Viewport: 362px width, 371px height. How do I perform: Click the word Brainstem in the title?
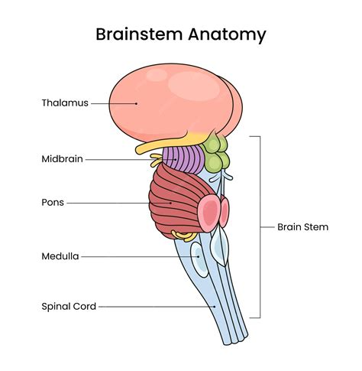(x=139, y=34)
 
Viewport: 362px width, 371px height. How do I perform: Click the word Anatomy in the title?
(x=227, y=35)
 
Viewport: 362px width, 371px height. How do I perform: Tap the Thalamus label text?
(x=65, y=103)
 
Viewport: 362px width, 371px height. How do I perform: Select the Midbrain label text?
(x=62, y=159)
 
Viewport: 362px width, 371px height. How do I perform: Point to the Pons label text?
(x=53, y=203)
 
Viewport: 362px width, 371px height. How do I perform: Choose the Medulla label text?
(x=60, y=256)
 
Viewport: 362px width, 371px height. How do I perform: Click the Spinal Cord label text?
(x=69, y=307)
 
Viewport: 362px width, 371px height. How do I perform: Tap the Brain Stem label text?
(x=302, y=227)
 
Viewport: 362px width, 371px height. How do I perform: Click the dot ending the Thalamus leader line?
(x=137, y=103)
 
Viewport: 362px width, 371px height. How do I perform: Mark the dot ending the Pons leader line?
(x=171, y=203)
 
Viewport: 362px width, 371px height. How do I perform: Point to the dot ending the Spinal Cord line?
(x=215, y=307)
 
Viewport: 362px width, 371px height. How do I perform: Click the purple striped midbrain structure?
(x=183, y=158)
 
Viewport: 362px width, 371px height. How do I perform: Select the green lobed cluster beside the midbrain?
(x=215, y=153)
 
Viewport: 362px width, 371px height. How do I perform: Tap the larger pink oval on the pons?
(x=209, y=213)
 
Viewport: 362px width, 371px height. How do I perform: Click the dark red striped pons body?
(x=176, y=201)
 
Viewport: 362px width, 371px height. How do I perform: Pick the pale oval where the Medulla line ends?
(x=199, y=259)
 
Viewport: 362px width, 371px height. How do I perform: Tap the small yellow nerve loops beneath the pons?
(x=184, y=236)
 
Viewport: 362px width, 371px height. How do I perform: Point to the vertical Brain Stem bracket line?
(x=260, y=227)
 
